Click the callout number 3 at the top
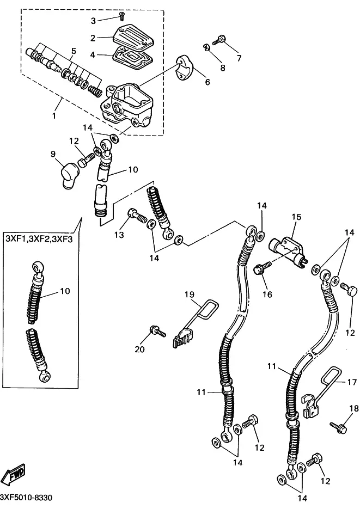coord(93,21)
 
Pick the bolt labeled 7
coord(221,39)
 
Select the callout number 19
coord(189,295)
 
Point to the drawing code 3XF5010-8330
coord(27,499)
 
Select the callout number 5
coord(74,51)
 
